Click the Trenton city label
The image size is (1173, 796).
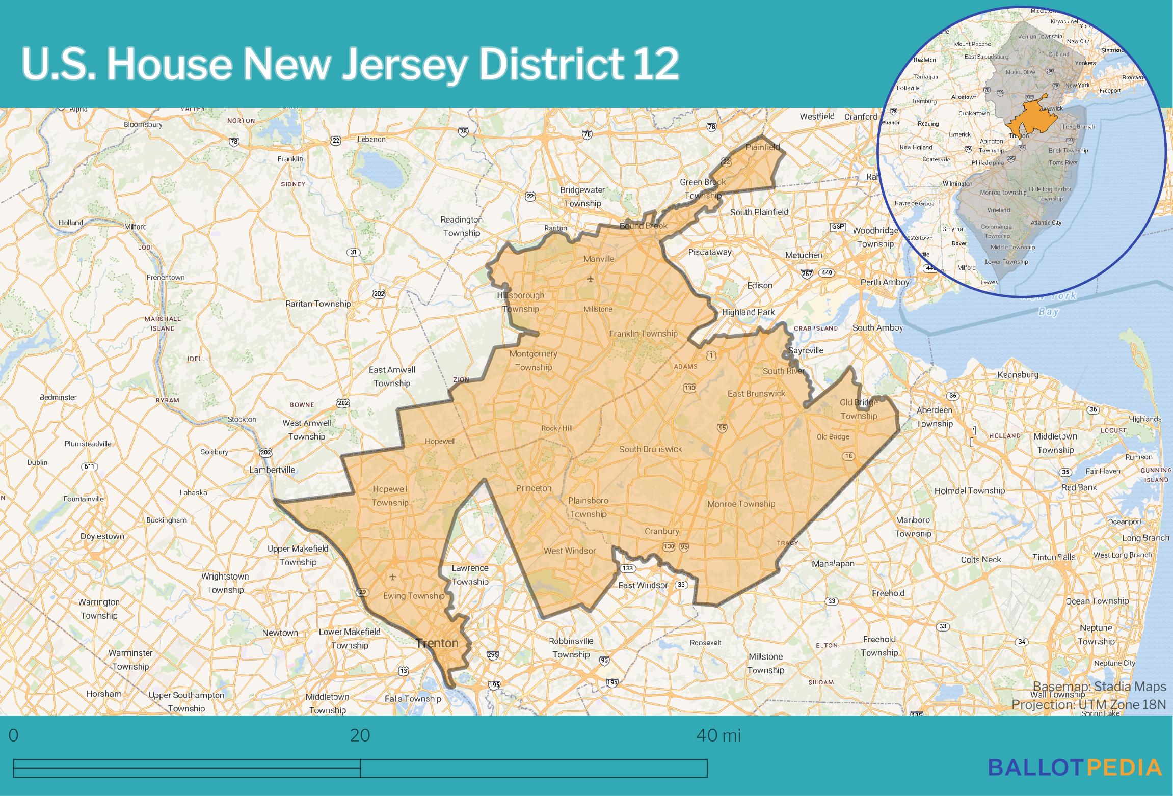pyautogui.click(x=437, y=643)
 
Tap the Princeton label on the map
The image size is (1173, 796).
pyautogui.click(x=534, y=488)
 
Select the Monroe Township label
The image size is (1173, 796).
pyautogui.click(x=740, y=504)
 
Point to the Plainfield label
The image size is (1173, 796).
pyautogui.click(x=762, y=147)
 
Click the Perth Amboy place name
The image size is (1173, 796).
pyautogui.click(x=885, y=282)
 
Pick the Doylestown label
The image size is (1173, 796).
pyautogui.click(x=102, y=536)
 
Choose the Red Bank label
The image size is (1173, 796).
pyautogui.click(x=1079, y=487)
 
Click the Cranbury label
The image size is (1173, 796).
pyautogui.click(x=661, y=531)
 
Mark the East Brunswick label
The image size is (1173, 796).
pyautogui.click(x=756, y=393)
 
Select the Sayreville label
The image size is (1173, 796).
pyautogui.click(x=806, y=350)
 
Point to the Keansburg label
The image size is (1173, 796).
pyautogui.click(x=1017, y=375)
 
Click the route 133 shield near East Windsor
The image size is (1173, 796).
pyautogui.click(x=627, y=568)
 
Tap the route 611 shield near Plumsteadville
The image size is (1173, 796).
pyautogui.click(x=89, y=466)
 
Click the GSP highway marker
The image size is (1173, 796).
pyautogui.click(x=838, y=227)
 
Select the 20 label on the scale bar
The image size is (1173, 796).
pyautogui.click(x=360, y=735)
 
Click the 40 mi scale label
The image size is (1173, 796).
pyautogui.click(x=718, y=735)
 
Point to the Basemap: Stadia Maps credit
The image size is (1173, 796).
pyautogui.click(x=1099, y=687)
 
